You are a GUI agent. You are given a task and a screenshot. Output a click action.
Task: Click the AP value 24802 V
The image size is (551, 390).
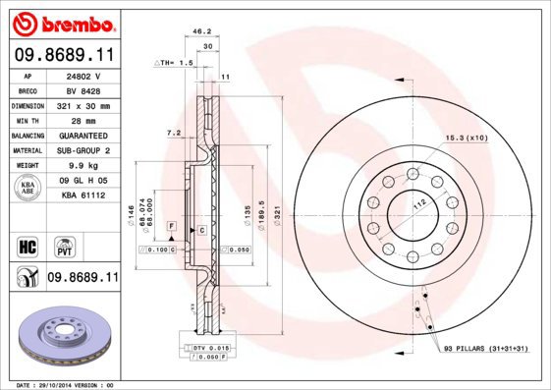83,75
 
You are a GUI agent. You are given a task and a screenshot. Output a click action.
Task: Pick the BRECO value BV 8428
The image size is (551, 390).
83,89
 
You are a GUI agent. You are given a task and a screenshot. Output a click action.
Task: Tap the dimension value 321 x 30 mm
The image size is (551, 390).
83,104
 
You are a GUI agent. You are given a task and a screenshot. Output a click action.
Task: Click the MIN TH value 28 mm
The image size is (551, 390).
83,120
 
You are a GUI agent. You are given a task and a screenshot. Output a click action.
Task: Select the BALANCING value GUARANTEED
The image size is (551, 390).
83,135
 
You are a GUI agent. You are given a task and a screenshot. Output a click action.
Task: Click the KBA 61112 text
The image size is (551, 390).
83,195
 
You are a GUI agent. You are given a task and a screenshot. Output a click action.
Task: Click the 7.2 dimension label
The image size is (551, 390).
174,132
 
